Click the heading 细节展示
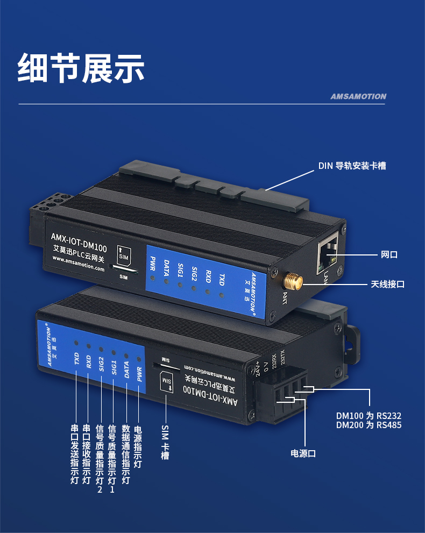tap(81, 68)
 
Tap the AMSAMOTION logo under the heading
tap(358, 97)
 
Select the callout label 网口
tap(388, 254)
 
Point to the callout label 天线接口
tap(387, 283)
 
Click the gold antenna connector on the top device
tap(293, 280)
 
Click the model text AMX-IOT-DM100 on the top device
tap(79, 236)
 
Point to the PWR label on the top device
tap(153, 264)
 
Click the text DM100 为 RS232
tap(369, 416)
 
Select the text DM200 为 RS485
tap(369, 425)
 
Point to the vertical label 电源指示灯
tap(138, 446)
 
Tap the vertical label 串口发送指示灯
tap(75, 454)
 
